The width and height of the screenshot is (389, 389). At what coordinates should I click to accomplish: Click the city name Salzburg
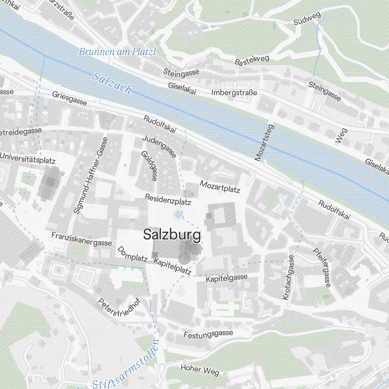pyautogui.click(x=172, y=235)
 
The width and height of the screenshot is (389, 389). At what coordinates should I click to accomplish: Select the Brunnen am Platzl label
pyautogui.click(x=117, y=52)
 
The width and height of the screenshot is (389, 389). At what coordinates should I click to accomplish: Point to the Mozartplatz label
pyautogui.click(x=220, y=186)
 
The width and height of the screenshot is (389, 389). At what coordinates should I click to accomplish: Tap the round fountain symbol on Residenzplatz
pyautogui.click(x=179, y=214)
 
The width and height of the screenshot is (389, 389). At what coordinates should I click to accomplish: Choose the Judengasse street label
pyautogui.click(x=159, y=146)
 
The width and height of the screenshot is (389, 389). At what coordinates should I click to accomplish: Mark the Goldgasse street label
pyautogui.click(x=149, y=166)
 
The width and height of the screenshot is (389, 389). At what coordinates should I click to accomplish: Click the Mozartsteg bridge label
pyautogui.click(x=265, y=143)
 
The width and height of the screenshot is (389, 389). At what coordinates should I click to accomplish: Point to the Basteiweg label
pyautogui.click(x=252, y=60)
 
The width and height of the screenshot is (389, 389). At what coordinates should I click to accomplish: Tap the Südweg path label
pyautogui.click(x=307, y=19)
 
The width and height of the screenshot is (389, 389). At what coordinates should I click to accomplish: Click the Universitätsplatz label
pyautogui.click(x=28, y=158)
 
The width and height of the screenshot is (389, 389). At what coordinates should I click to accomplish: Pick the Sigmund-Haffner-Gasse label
pyautogui.click(x=90, y=175)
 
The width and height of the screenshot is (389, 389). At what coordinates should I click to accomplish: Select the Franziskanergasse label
pyautogui.click(x=82, y=239)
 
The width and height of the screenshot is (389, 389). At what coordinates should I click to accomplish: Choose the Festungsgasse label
pyautogui.click(x=209, y=334)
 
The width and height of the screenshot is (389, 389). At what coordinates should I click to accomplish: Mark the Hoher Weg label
pyautogui.click(x=200, y=369)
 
